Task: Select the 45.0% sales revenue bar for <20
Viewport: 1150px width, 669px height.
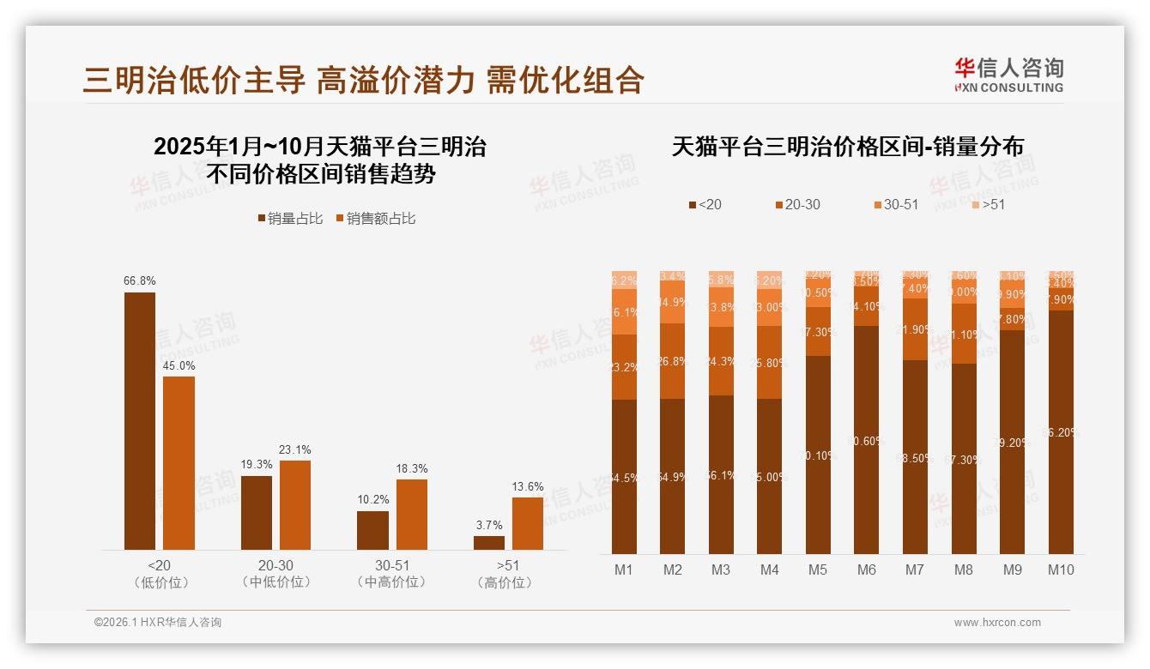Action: point(179,463)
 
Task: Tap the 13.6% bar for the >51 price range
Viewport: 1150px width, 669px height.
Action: point(528,523)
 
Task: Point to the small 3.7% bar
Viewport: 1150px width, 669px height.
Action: point(489,543)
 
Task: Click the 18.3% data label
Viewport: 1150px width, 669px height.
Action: point(412,469)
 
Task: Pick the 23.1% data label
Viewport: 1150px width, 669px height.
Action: point(295,449)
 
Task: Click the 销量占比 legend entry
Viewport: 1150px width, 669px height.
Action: point(290,219)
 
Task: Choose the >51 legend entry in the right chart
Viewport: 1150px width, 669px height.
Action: point(986,204)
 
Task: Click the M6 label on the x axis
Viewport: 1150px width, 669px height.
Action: point(867,570)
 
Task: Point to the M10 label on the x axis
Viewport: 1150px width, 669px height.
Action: point(1061,570)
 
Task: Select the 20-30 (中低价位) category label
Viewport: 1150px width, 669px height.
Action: point(276,574)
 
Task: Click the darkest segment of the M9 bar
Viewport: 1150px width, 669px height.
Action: point(1013,442)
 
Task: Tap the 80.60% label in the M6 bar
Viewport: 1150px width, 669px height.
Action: point(867,442)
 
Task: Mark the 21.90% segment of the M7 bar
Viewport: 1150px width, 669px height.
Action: point(916,329)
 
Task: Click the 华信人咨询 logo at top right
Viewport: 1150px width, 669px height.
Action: point(1008,75)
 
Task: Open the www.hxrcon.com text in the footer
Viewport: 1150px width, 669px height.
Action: point(997,623)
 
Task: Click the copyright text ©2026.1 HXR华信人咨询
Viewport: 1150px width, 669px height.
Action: point(158,623)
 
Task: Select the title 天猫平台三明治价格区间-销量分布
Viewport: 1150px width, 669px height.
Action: point(847,147)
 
